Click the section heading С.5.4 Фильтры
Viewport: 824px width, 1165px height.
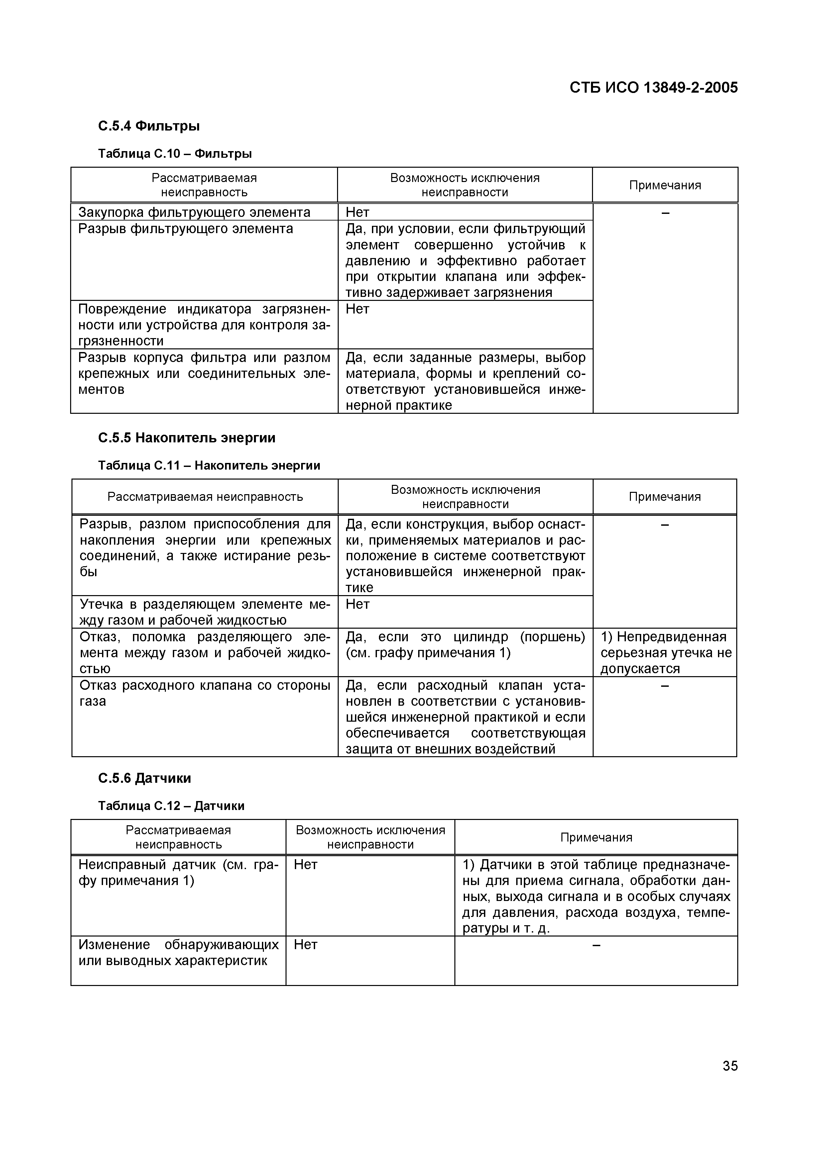click(149, 126)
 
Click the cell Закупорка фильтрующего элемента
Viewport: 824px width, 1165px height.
click(194, 212)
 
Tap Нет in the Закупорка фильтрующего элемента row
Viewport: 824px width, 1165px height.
click(357, 212)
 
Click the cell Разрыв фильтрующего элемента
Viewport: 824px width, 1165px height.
click(185, 229)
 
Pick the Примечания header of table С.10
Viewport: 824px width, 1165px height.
click(664, 185)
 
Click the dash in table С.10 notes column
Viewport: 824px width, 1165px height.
click(665, 213)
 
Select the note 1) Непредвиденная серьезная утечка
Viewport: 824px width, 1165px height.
click(665, 653)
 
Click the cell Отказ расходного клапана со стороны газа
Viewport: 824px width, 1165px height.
click(205, 693)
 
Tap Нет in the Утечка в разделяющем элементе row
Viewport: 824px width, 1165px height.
click(357, 604)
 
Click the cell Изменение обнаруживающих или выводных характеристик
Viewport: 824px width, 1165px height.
click(178, 953)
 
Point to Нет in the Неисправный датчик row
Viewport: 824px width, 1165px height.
click(306, 864)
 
